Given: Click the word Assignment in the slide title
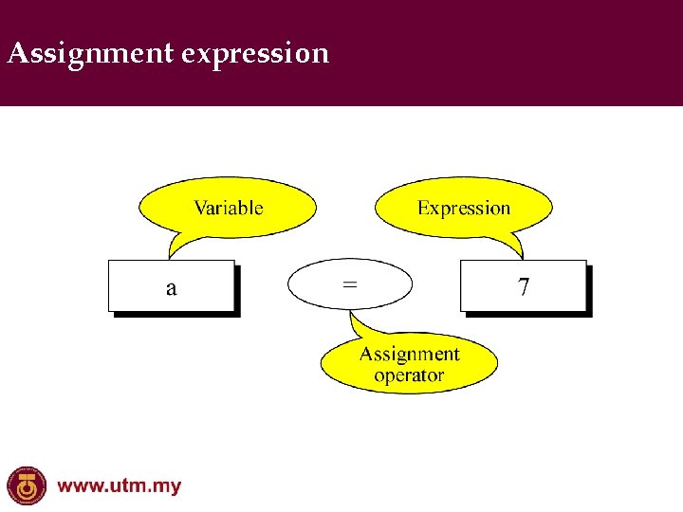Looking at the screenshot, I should [x=90, y=53].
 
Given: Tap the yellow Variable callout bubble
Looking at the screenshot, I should [x=228, y=208].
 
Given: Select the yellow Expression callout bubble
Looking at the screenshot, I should [x=464, y=208].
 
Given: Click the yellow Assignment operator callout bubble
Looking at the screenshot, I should [x=409, y=365].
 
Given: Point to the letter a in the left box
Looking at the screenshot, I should [x=171, y=287].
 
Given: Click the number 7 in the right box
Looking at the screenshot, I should [x=524, y=286].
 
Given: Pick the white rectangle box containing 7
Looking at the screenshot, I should [x=493, y=285].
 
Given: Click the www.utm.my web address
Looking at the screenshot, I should [x=119, y=486].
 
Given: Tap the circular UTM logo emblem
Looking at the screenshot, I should [x=26, y=486].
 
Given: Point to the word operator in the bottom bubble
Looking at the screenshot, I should [x=409, y=376].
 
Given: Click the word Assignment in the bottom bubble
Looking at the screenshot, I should [x=409, y=355].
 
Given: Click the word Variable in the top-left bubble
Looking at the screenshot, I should [x=228, y=208].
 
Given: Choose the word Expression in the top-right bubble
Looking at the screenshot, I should [x=464, y=208].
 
